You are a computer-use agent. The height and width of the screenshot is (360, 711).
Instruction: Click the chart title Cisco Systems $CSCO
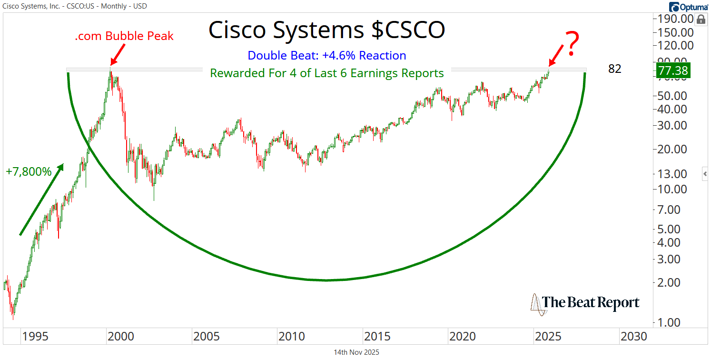coord(327,30)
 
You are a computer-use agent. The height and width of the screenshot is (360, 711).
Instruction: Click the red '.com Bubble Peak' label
coord(124,36)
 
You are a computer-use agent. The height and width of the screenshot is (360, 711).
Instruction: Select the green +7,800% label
coord(29,172)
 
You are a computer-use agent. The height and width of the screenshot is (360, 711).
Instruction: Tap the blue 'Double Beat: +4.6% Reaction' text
coord(327,56)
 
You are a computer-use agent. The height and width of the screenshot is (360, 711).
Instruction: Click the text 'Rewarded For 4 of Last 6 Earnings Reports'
coord(327,73)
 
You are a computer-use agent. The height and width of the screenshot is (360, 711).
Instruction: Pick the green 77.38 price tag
coord(672,70)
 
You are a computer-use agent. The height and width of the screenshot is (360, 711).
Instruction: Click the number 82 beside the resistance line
coord(615,69)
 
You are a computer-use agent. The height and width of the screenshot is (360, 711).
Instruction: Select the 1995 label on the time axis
coord(35,337)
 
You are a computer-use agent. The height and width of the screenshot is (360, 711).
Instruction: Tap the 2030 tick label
coord(633,337)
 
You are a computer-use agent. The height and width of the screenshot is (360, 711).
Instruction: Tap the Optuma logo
coord(688,6)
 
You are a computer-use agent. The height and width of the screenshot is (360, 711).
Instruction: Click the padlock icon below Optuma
coord(701,20)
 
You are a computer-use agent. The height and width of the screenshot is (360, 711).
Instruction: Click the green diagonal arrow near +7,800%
coord(41,199)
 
